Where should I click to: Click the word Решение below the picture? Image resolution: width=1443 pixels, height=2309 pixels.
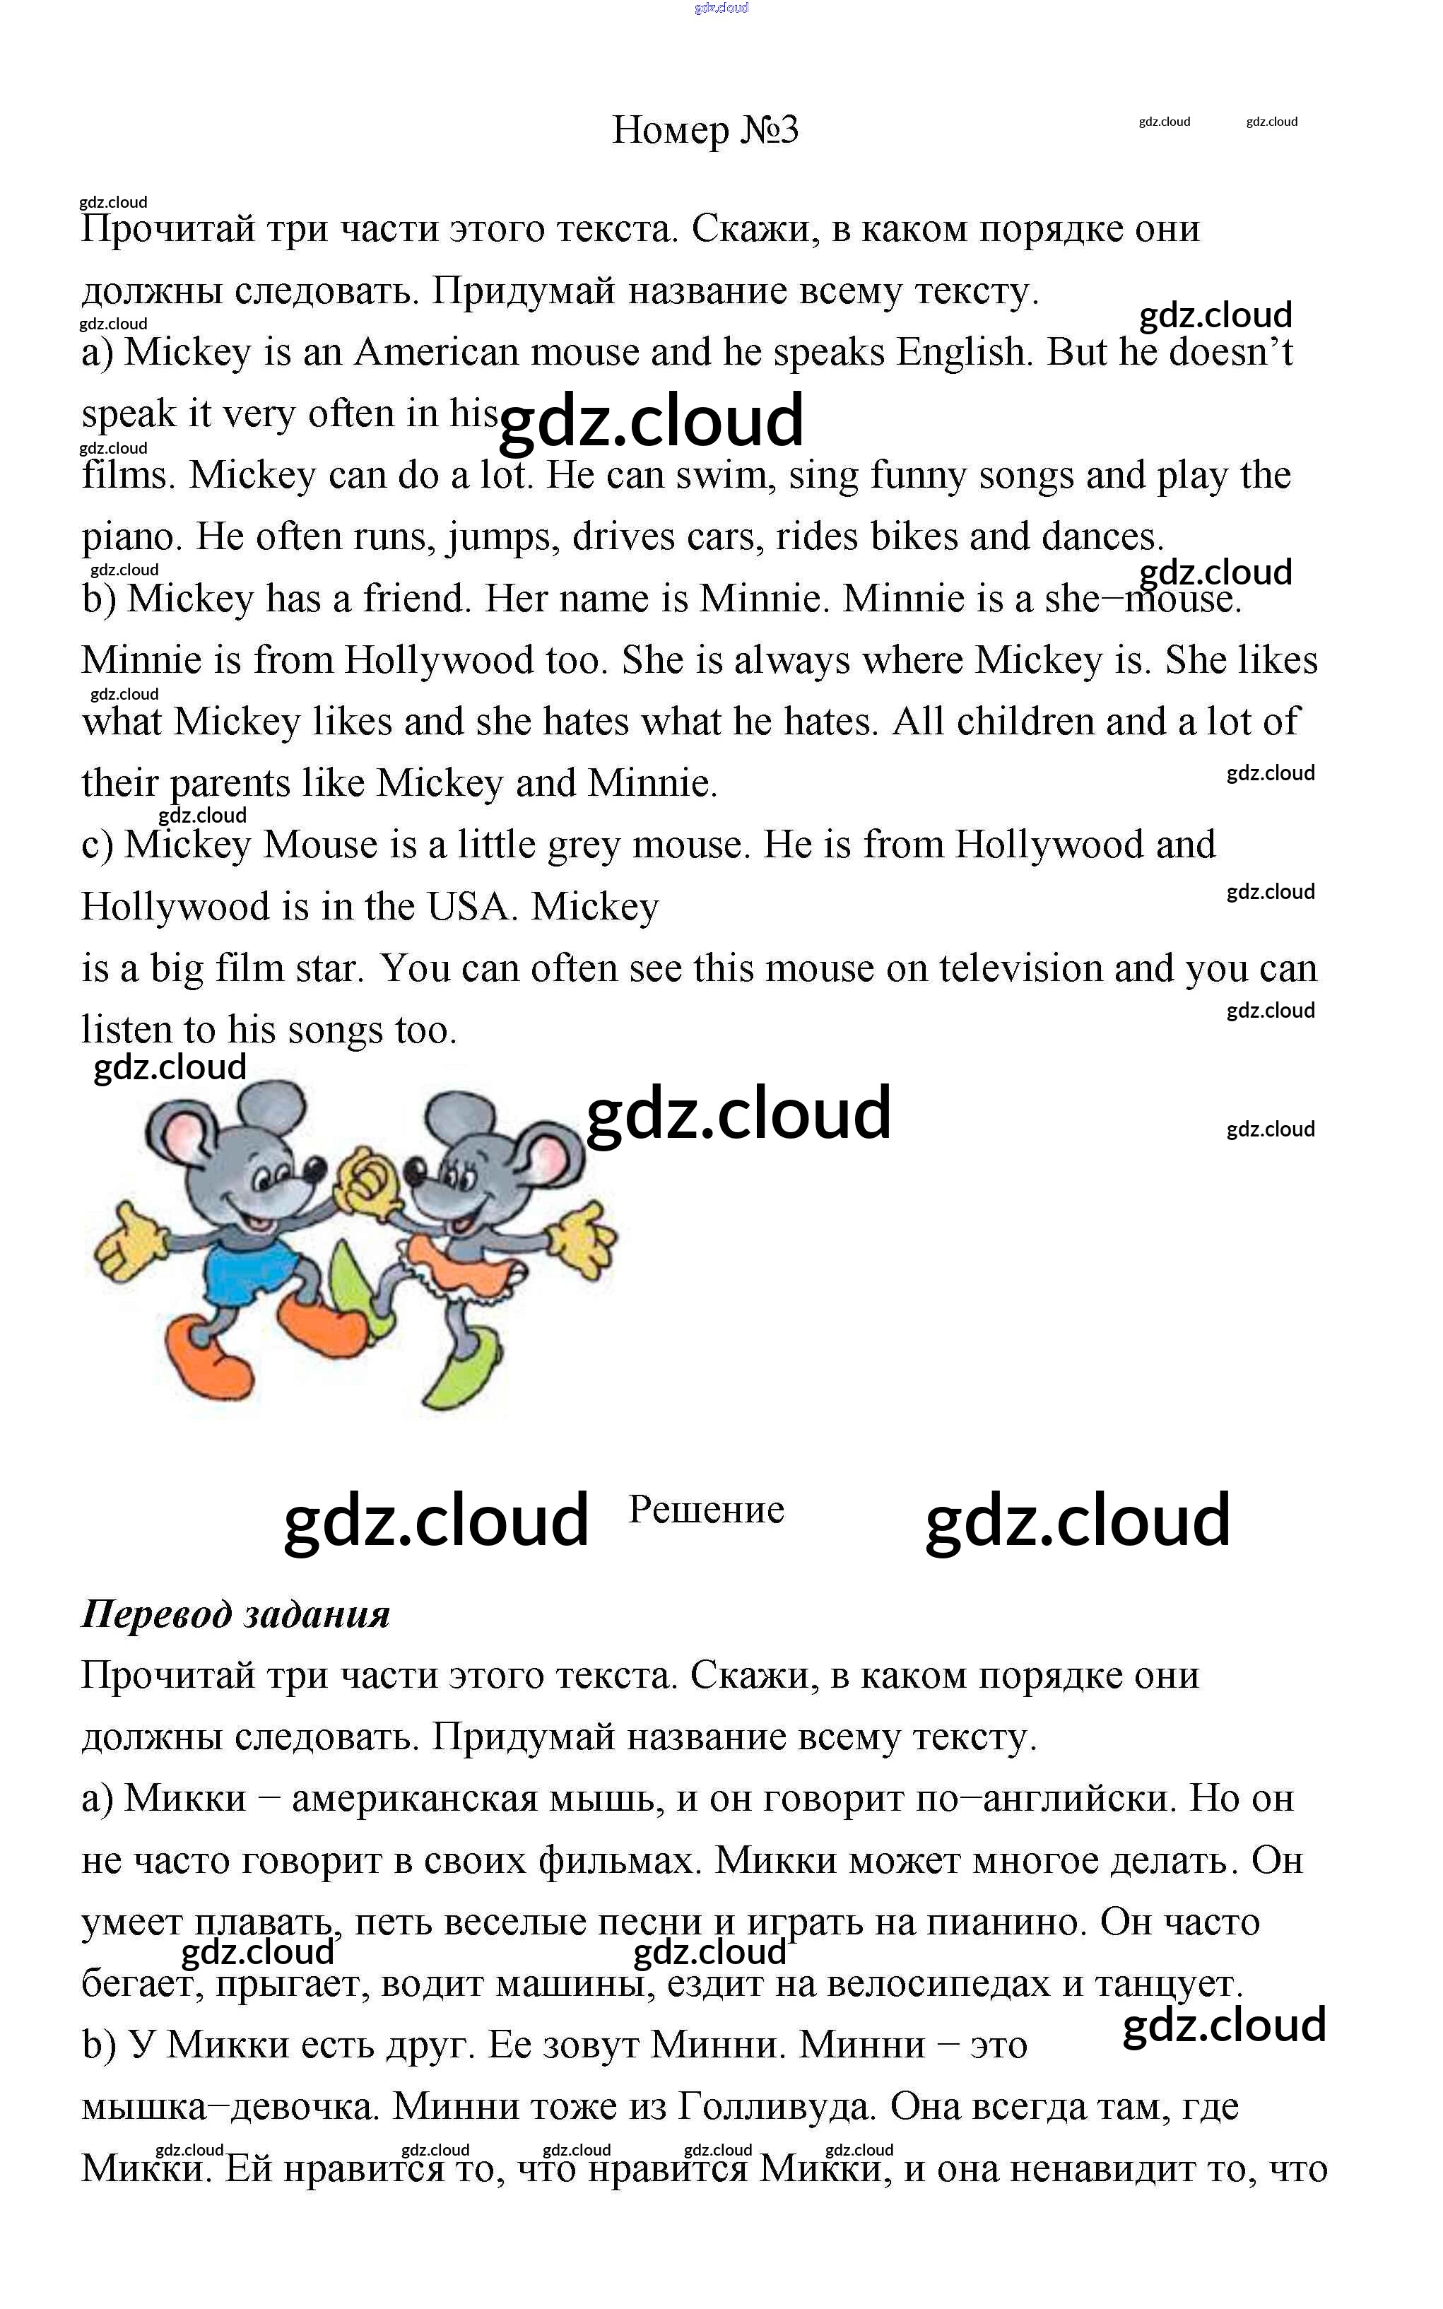pos(706,1509)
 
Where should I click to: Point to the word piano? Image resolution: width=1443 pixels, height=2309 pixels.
pos(131,537)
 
